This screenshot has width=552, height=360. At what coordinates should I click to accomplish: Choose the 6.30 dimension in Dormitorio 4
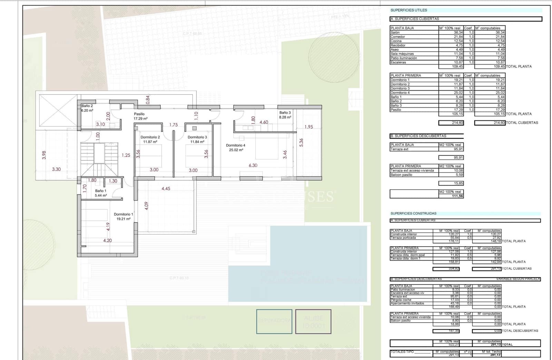pyautogui.click(x=253, y=166)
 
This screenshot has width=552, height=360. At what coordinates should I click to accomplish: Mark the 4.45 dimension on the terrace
pyautogui.click(x=166, y=189)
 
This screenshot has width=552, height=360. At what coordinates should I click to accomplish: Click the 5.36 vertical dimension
pyautogui.click(x=301, y=142)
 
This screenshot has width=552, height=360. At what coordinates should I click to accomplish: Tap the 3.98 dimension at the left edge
pyautogui.click(x=44, y=155)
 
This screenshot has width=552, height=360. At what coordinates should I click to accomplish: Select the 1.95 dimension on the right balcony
pyautogui.click(x=309, y=127)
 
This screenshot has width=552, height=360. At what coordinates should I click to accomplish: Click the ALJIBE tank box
pyautogui.click(x=313, y=321)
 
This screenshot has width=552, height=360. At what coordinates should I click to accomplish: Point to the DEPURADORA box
pyautogui.click(x=274, y=321)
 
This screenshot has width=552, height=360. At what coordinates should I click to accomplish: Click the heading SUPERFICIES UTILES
pyautogui.click(x=409, y=10)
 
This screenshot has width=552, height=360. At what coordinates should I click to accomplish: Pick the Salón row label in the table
pyautogui.click(x=395, y=32)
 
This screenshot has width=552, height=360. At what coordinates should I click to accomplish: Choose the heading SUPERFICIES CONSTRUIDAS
pyautogui.click(x=413, y=213)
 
